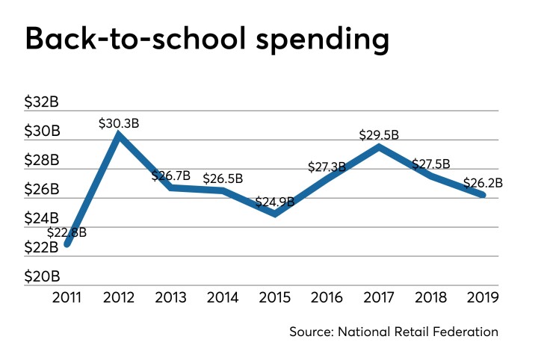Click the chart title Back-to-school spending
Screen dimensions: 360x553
207,40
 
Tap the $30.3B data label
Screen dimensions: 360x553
119,122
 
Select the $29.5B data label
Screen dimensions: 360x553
380,135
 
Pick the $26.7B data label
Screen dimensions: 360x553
171,176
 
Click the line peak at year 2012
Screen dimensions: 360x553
118,135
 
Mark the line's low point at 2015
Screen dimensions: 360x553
275,214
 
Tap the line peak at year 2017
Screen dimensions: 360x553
380,146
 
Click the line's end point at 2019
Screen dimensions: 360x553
483,195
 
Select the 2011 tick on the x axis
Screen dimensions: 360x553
67,298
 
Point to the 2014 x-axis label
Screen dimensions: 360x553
223,298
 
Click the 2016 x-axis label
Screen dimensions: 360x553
327,298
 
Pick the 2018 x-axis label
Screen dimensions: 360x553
431,298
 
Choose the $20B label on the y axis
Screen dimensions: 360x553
42,276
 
